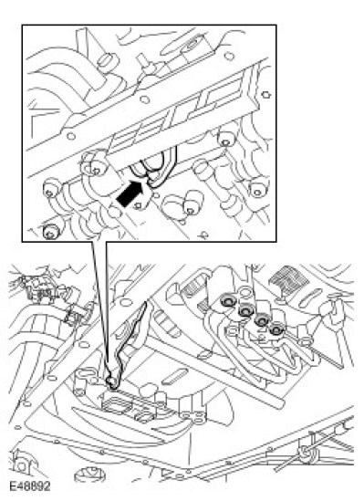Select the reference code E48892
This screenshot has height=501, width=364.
pyautogui.click(x=30, y=486)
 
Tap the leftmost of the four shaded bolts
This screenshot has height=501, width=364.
pyautogui.click(x=229, y=300)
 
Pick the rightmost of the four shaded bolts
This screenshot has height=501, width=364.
pyautogui.click(x=276, y=329)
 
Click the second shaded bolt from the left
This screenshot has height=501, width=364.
pyautogui.click(x=246, y=310)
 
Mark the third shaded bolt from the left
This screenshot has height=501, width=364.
pyautogui.click(x=262, y=319)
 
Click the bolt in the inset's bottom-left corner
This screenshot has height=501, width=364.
pyautogui.click(x=51, y=232)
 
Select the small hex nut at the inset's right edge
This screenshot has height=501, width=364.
pyautogui.click(x=265, y=95)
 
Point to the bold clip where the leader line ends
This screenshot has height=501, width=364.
pyautogui.click(x=112, y=381)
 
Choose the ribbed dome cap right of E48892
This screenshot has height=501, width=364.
pyautogui.click(x=89, y=475)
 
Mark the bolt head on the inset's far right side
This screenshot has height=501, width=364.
pyautogui.click(x=257, y=189)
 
